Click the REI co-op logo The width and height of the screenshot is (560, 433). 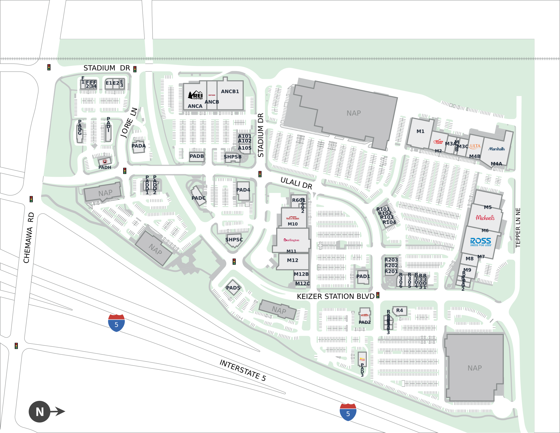tap(195, 95)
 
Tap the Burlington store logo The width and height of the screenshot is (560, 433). tap(291, 240)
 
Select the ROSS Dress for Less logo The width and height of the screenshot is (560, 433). tap(481, 242)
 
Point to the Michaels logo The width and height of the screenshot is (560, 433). tap(485, 218)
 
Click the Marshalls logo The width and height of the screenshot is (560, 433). tap(496, 149)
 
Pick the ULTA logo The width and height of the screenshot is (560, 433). tap(475, 146)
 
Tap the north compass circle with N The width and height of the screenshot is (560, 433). tap(40, 412)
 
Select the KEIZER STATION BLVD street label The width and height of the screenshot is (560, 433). tap(335, 296)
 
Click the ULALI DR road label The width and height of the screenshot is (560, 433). tap(296, 183)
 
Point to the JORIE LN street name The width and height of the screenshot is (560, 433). tap(129, 123)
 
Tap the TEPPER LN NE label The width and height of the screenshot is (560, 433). tap(518, 228)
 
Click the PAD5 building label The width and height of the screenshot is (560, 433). tap(233, 288)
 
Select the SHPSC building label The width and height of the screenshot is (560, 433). tap(234, 240)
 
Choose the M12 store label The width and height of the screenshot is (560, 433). tap(293, 260)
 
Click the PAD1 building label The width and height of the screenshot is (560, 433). tap(363, 276)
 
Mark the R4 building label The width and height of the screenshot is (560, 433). tap(400, 310)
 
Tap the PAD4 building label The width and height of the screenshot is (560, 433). tap(243, 190)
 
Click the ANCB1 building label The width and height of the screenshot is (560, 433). tap(230, 91)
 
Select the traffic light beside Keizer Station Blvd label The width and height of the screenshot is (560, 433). tap(378, 295)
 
